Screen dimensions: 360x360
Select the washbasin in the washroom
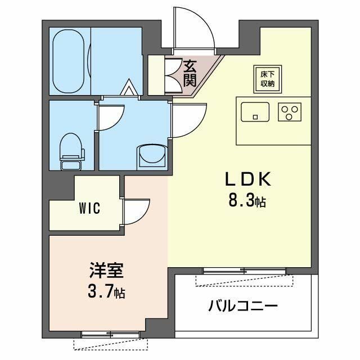point(152,155)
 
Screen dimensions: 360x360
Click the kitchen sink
point(256,112)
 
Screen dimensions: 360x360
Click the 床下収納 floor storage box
point(267,79)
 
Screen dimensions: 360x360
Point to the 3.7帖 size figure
point(106,292)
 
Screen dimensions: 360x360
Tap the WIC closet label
point(89,209)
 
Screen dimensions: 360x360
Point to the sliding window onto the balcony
point(244,272)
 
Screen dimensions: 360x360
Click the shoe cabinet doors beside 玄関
point(173,74)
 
